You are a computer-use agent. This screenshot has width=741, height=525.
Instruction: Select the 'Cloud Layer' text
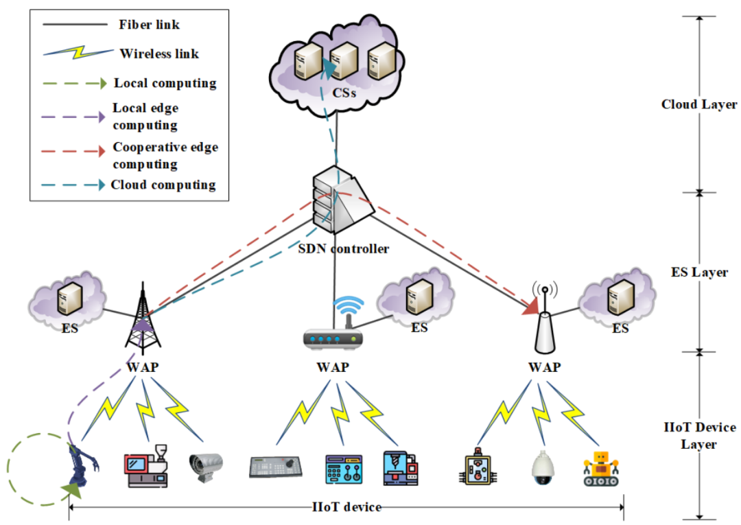(698, 105)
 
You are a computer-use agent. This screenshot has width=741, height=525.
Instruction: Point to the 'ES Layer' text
(698, 272)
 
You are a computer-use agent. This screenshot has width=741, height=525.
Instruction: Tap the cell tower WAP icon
(142, 317)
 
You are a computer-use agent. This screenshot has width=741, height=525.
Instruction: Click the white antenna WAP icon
(545, 323)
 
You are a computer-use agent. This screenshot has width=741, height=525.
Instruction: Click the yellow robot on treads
(600, 469)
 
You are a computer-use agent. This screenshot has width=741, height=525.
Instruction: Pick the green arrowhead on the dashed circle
(71, 489)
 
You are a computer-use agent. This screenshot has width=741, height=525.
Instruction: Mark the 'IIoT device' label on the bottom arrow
(346, 507)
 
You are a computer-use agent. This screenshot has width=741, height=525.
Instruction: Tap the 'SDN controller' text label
(343, 248)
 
